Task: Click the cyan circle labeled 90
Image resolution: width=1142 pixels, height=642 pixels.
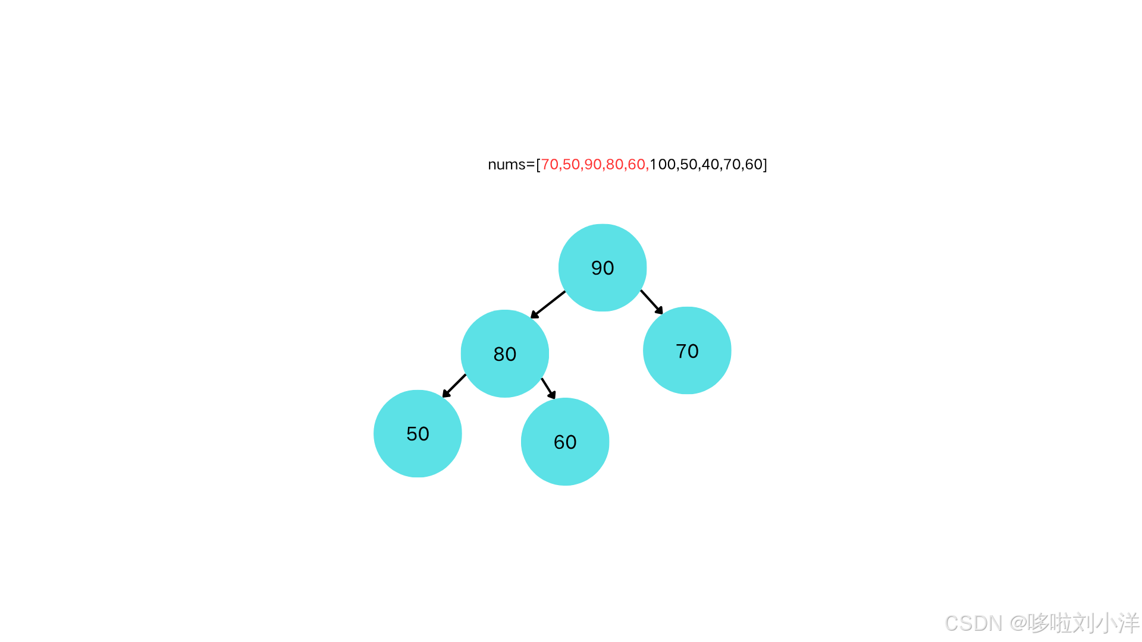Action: (x=603, y=267)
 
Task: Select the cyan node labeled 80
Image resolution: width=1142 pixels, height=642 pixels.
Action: (x=504, y=353)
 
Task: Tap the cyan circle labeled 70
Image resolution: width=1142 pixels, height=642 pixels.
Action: (x=687, y=350)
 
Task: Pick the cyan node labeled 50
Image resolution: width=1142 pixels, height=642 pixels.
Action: (x=418, y=433)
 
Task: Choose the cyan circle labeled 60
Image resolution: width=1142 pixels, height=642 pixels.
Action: (x=565, y=442)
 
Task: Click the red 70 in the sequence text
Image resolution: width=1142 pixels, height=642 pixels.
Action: (x=550, y=165)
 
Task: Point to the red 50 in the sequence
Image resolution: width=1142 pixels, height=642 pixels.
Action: (x=571, y=165)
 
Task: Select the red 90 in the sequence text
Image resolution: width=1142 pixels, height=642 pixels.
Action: (x=593, y=165)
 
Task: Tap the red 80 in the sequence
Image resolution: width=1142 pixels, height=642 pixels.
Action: (x=614, y=165)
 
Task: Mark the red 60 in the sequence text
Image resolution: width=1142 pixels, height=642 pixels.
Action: (x=636, y=165)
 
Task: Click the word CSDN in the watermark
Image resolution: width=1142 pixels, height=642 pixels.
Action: (x=972, y=622)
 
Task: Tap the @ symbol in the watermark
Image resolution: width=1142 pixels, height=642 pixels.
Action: (x=1017, y=622)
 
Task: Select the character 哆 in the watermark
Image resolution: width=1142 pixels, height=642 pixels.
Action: (x=1037, y=622)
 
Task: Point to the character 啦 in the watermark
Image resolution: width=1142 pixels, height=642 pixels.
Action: (x=1059, y=622)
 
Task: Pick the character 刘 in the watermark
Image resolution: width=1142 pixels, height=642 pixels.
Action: (x=1082, y=622)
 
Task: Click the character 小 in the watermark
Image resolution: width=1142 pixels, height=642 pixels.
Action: (x=1105, y=622)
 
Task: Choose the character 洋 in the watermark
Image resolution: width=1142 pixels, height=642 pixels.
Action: (x=1127, y=622)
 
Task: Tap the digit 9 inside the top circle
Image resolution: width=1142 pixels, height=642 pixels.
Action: (x=597, y=268)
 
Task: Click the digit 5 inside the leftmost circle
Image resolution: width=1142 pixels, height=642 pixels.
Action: (x=412, y=434)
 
